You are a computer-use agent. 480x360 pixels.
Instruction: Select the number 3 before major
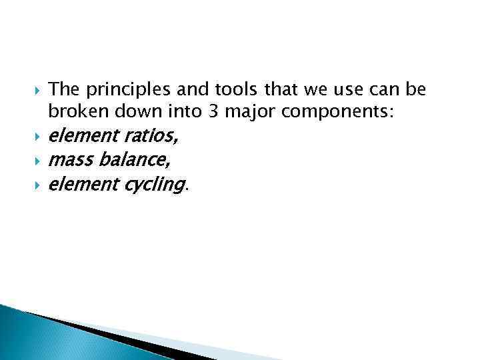coord(213,112)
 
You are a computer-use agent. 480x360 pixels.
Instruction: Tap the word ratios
coord(151,137)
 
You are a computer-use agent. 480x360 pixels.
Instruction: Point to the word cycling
coord(153,185)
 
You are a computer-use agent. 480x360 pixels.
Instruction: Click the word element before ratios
coord(85,137)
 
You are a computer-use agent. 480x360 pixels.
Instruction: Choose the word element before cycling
coord(85,183)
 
